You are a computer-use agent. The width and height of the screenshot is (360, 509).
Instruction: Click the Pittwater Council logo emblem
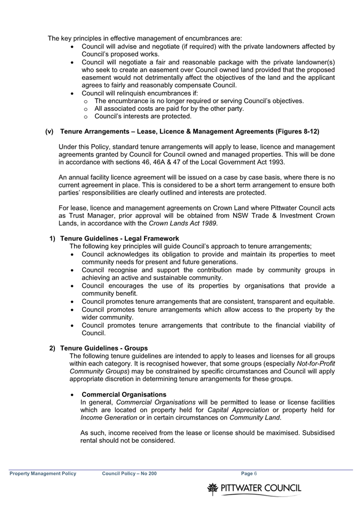click(x=213, y=488)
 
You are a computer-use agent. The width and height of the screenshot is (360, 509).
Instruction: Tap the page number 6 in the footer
click(x=255, y=473)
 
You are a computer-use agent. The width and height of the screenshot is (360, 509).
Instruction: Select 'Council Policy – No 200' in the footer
click(x=129, y=473)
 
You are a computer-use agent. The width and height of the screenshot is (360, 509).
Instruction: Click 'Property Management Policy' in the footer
click(x=43, y=473)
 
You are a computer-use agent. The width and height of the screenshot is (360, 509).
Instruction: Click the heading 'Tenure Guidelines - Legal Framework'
click(x=119, y=238)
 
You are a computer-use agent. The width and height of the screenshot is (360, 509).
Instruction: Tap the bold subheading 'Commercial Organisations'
click(x=124, y=394)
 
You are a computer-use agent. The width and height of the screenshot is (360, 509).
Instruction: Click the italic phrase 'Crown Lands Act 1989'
click(x=182, y=223)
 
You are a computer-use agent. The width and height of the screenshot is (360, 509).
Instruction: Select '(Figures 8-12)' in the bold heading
click(x=297, y=132)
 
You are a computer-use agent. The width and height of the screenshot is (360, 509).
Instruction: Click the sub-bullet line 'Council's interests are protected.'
click(x=143, y=116)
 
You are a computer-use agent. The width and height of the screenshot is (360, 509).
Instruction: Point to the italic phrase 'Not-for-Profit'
click(x=316, y=363)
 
